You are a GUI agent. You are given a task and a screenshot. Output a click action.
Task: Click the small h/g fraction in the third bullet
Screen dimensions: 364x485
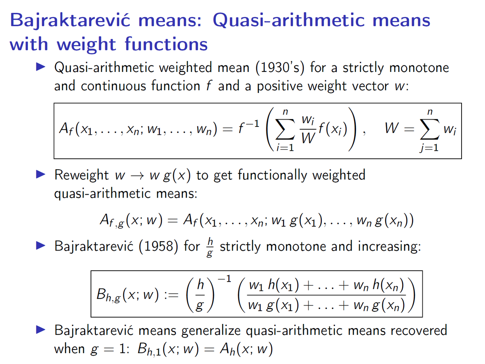click(209, 246)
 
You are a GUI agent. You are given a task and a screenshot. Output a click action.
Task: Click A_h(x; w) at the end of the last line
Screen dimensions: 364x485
click(240, 349)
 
